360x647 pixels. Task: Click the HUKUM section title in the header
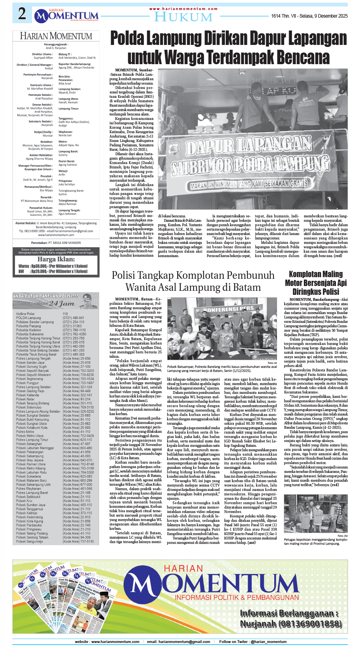tap(183, 17)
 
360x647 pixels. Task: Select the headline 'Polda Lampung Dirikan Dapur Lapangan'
tap(229, 39)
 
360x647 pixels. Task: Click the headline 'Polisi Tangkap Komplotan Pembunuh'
tap(193, 275)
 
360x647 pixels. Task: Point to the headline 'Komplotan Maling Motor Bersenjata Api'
tap(316, 278)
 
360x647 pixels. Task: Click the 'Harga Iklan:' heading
tap(56, 259)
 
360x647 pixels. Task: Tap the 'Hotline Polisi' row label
tap(26, 314)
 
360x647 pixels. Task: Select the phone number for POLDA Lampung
tap(73, 318)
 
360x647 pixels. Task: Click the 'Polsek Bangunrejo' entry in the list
tap(29, 542)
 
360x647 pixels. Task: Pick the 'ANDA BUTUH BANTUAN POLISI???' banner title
tap(46, 296)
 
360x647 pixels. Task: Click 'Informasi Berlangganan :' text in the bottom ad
tap(289, 613)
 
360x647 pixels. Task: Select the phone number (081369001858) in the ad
tap(291, 624)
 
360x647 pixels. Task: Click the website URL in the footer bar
tap(107, 642)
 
